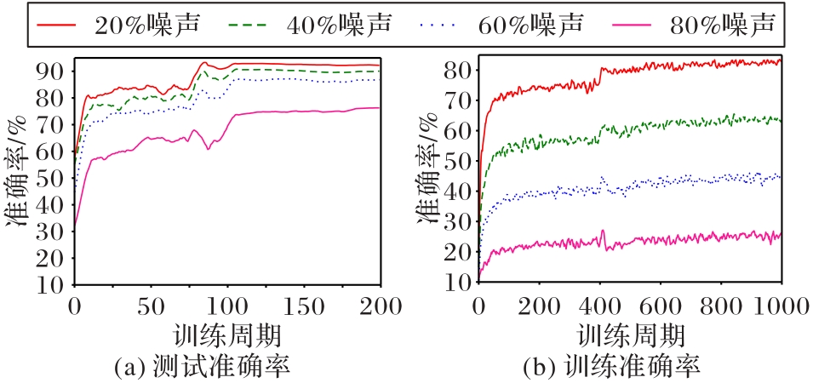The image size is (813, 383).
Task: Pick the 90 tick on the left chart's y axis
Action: pyautogui.click(x=54, y=70)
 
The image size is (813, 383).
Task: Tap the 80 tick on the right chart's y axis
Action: pyautogui.click(x=458, y=70)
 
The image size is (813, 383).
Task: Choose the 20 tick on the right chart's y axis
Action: pyautogui.click(x=458, y=252)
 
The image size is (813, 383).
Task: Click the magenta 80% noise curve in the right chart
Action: pyautogui.click(x=681, y=237)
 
